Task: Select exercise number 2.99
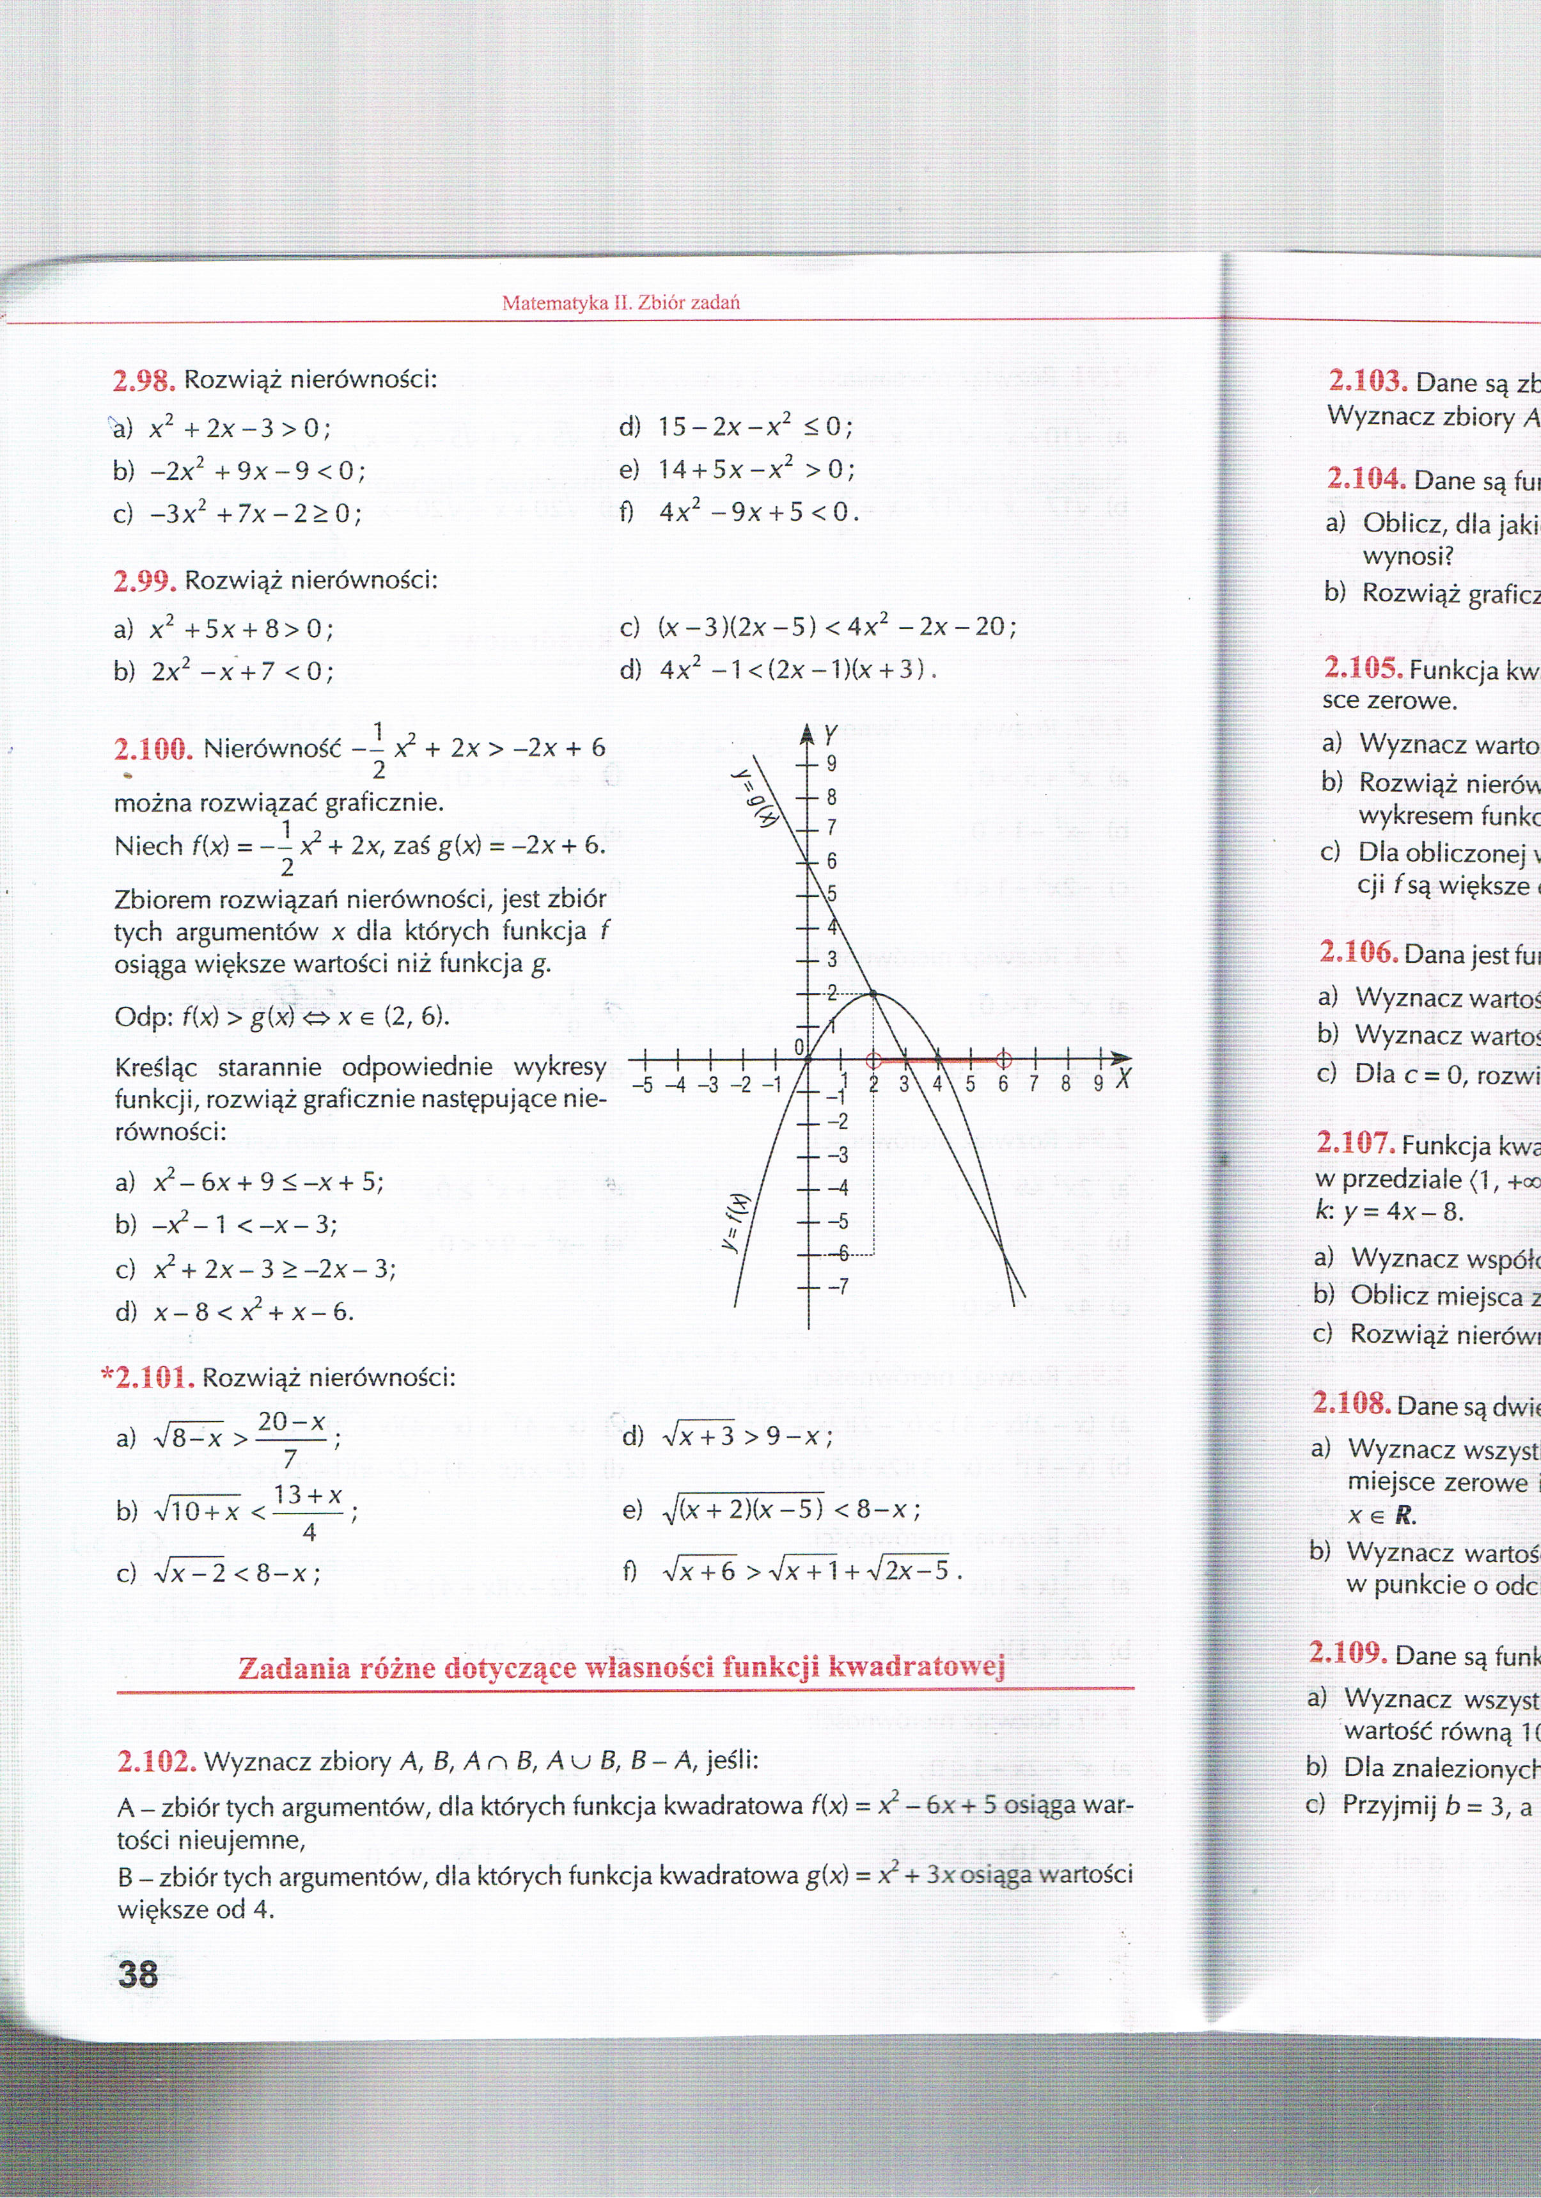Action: pos(144,581)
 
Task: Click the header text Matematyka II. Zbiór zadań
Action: pos(620,303)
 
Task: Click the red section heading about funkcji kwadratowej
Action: pos(621,1668)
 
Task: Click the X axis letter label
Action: pos(1123,1080)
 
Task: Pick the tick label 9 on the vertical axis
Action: pos(832,764)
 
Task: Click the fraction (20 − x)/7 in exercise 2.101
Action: pos(291,1439)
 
